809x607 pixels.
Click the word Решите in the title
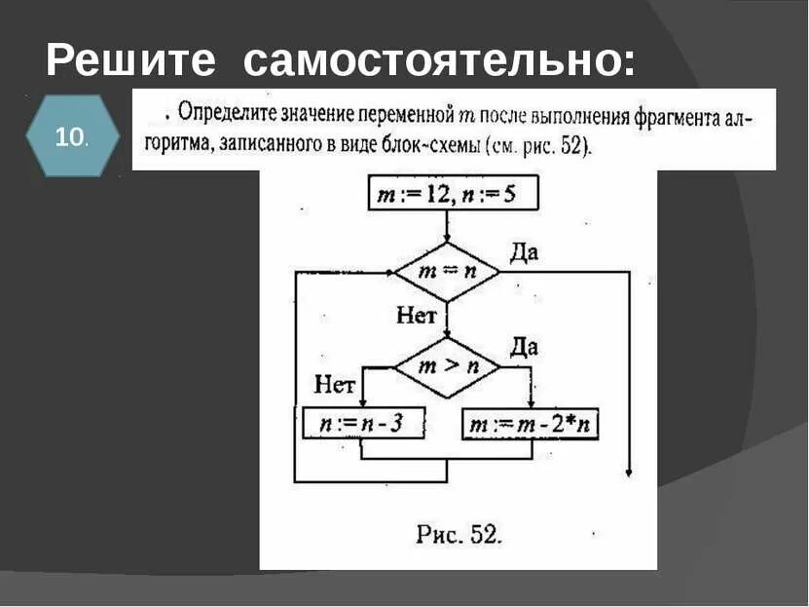click(x=130, y=60)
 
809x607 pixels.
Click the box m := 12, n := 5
click(x=447, y=195)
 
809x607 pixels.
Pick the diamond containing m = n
click(x=447, y=272)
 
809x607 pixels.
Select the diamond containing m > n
click(x=447, y=367)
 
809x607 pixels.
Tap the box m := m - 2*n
click(x=531, y=424)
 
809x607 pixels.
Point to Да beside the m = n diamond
click(x=524, y=253)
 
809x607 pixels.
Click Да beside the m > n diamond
click(x=524, y=347)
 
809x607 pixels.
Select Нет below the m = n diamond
click(x=416, y=315)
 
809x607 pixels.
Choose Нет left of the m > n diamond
click(x=334, y=385)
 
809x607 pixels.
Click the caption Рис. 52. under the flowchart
click(x=458, y=534)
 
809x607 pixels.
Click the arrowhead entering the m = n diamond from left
click(x=388, y=272)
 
